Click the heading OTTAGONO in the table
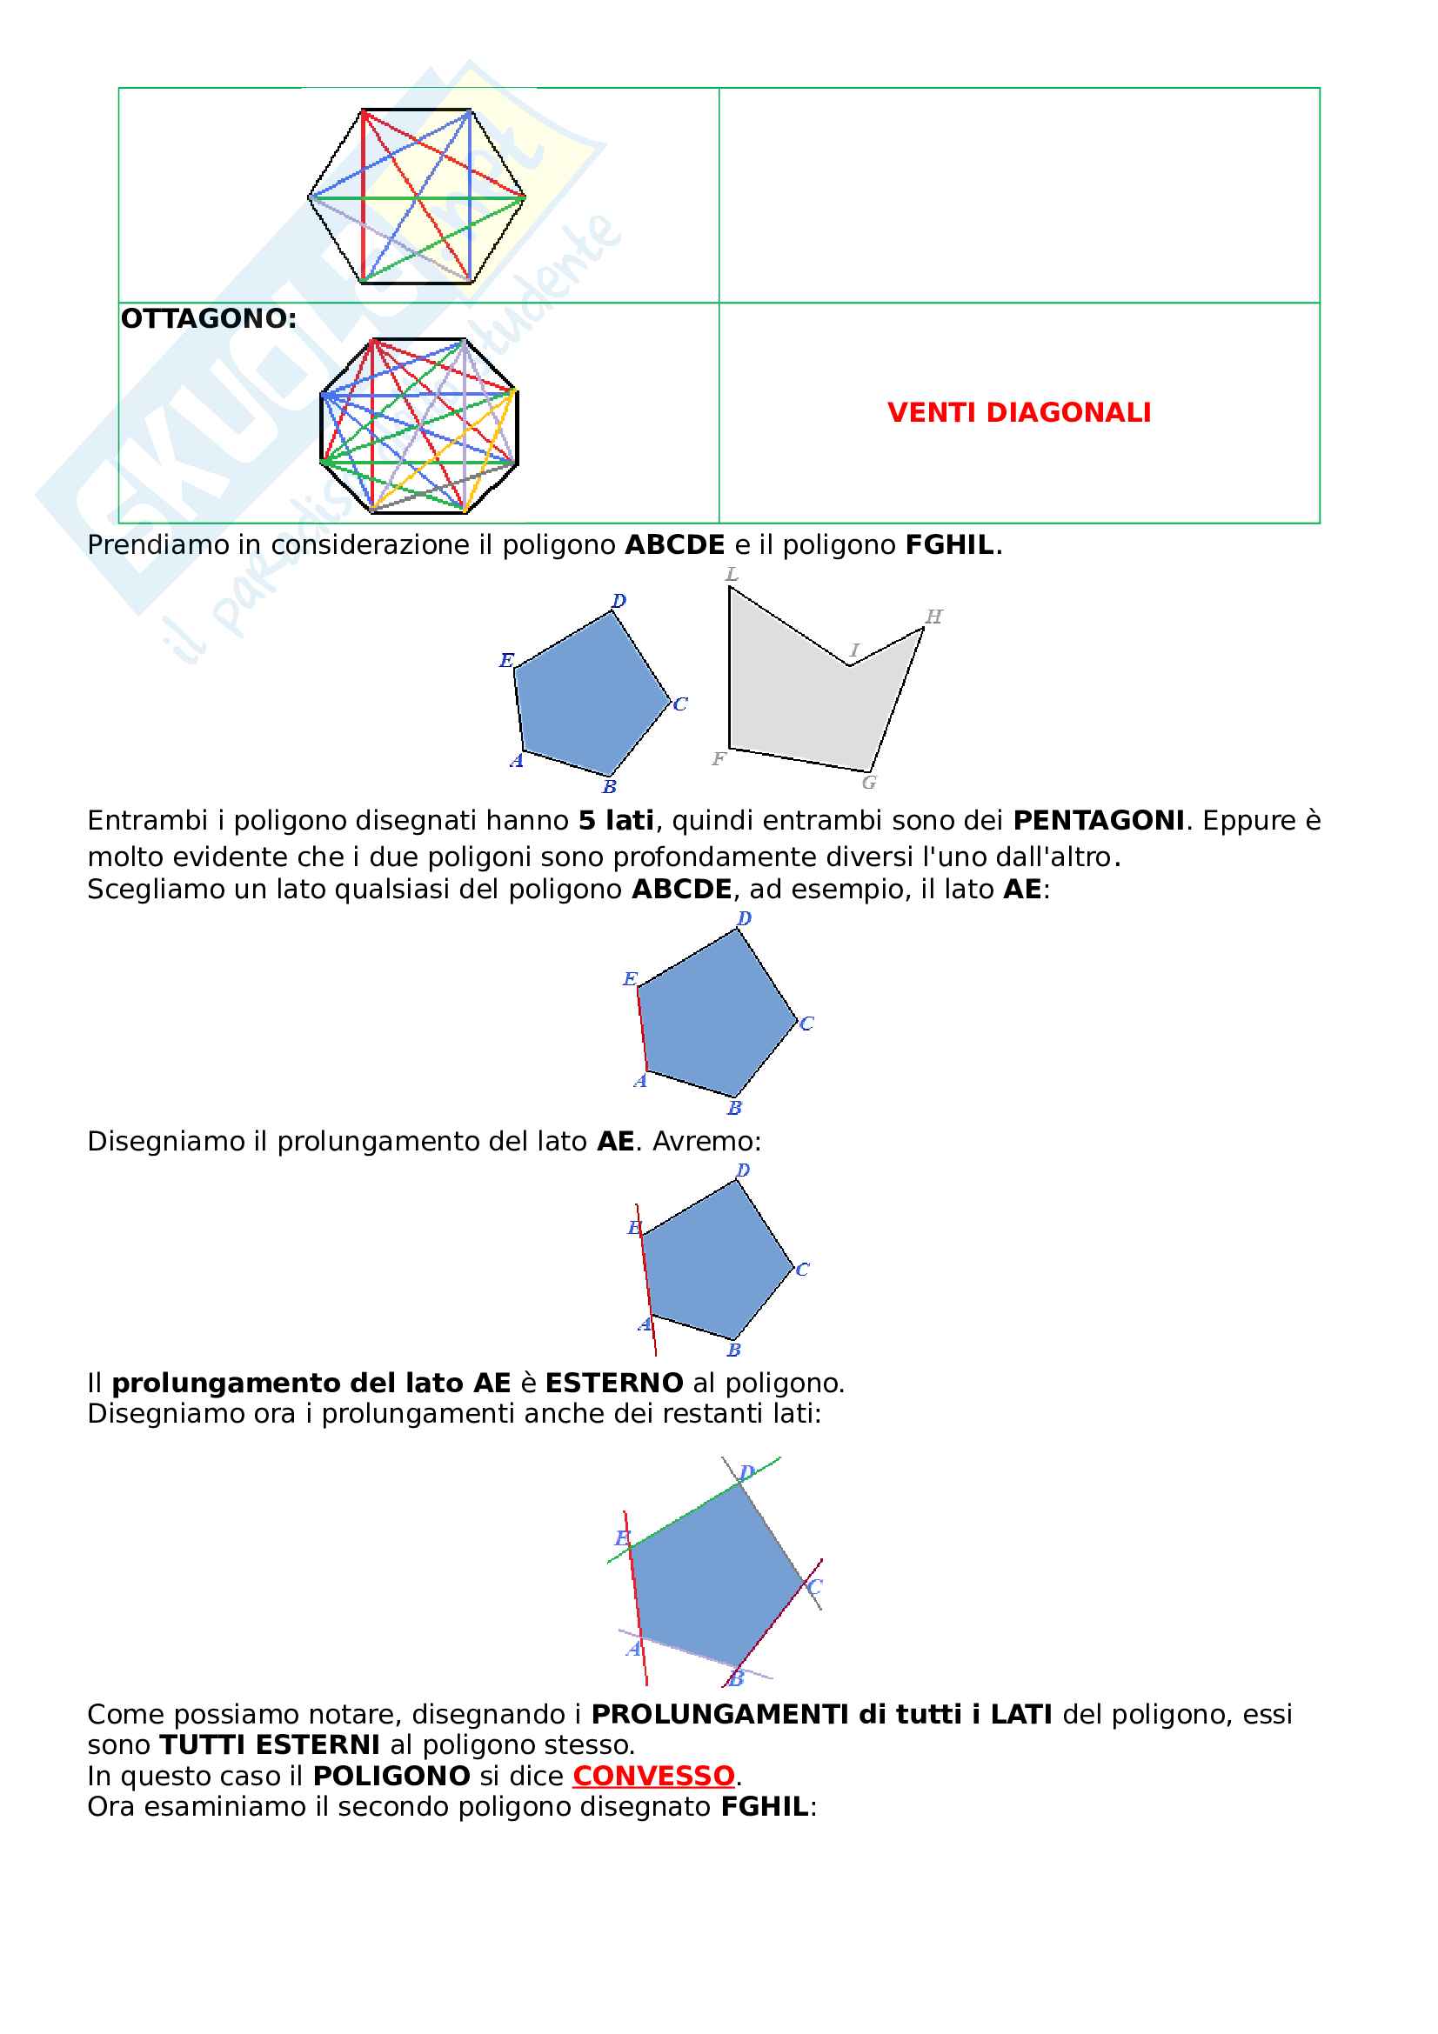click(208, 319)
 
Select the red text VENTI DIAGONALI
click(1018, 413)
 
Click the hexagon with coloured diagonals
click(417, 197)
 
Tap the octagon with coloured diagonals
click(418, 426)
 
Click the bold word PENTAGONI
click(1098, 820)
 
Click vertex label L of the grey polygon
click(732, 574)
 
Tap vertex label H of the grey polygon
click(933, 617)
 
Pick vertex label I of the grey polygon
click(854, 650)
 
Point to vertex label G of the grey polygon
click(869, 783)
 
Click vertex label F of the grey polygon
click(719, 758)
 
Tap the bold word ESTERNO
click(613, 1383)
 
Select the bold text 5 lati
click(616, 820)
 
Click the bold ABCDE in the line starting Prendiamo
click(674, 545)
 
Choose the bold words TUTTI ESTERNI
click(270, 1744)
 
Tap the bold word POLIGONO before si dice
click(391, 1776)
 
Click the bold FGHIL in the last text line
click(764, 1806)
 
